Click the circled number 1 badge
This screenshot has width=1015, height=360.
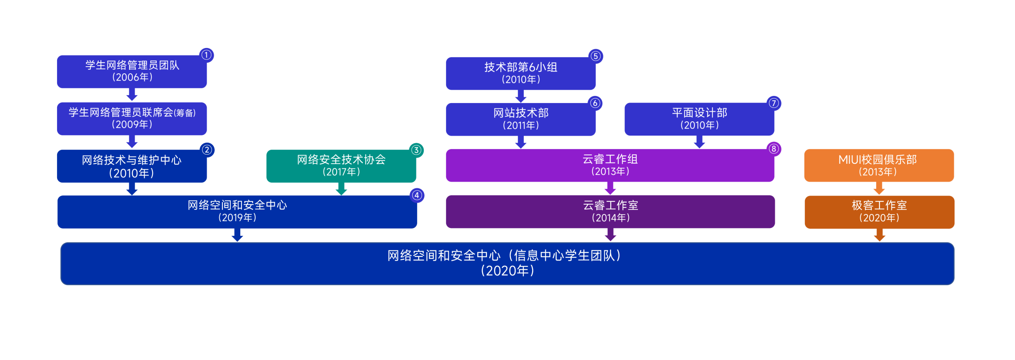click(x=206, y=55)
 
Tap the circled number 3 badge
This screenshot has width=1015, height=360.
click(x=416, y=150)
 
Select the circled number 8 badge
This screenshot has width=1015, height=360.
click(x=774, y=149)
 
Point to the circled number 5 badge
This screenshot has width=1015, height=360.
click(x=596, y=56)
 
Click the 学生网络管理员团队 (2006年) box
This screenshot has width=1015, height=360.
click(x=132, y=71)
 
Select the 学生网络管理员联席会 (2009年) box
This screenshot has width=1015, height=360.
click(x=132, y=119)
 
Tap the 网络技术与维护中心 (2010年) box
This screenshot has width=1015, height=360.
click(x=132, y=166)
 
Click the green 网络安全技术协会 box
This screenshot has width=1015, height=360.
click(x=341, y=166)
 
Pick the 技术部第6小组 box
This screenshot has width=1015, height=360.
click(x=521, y=73)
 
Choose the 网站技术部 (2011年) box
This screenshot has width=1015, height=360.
click(x=521, y=119)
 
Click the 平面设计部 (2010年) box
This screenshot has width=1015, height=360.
click(x=699, y=119)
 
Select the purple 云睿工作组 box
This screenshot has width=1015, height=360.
click(x=610, y=165)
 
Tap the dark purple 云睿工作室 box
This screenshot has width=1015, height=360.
click(x=610, y=211)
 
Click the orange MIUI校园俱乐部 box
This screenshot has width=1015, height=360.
click(x=879, y=165)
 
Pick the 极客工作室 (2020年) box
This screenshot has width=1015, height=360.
click(x=879, y=212)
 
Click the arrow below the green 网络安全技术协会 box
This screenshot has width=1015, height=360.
click(x=341, y=189)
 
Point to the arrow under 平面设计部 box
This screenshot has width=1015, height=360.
click(x=699, y=142)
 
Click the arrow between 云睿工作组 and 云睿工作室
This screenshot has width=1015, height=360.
click(x=610, y=188)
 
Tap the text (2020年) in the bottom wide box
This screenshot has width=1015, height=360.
click(x=507, y=271)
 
